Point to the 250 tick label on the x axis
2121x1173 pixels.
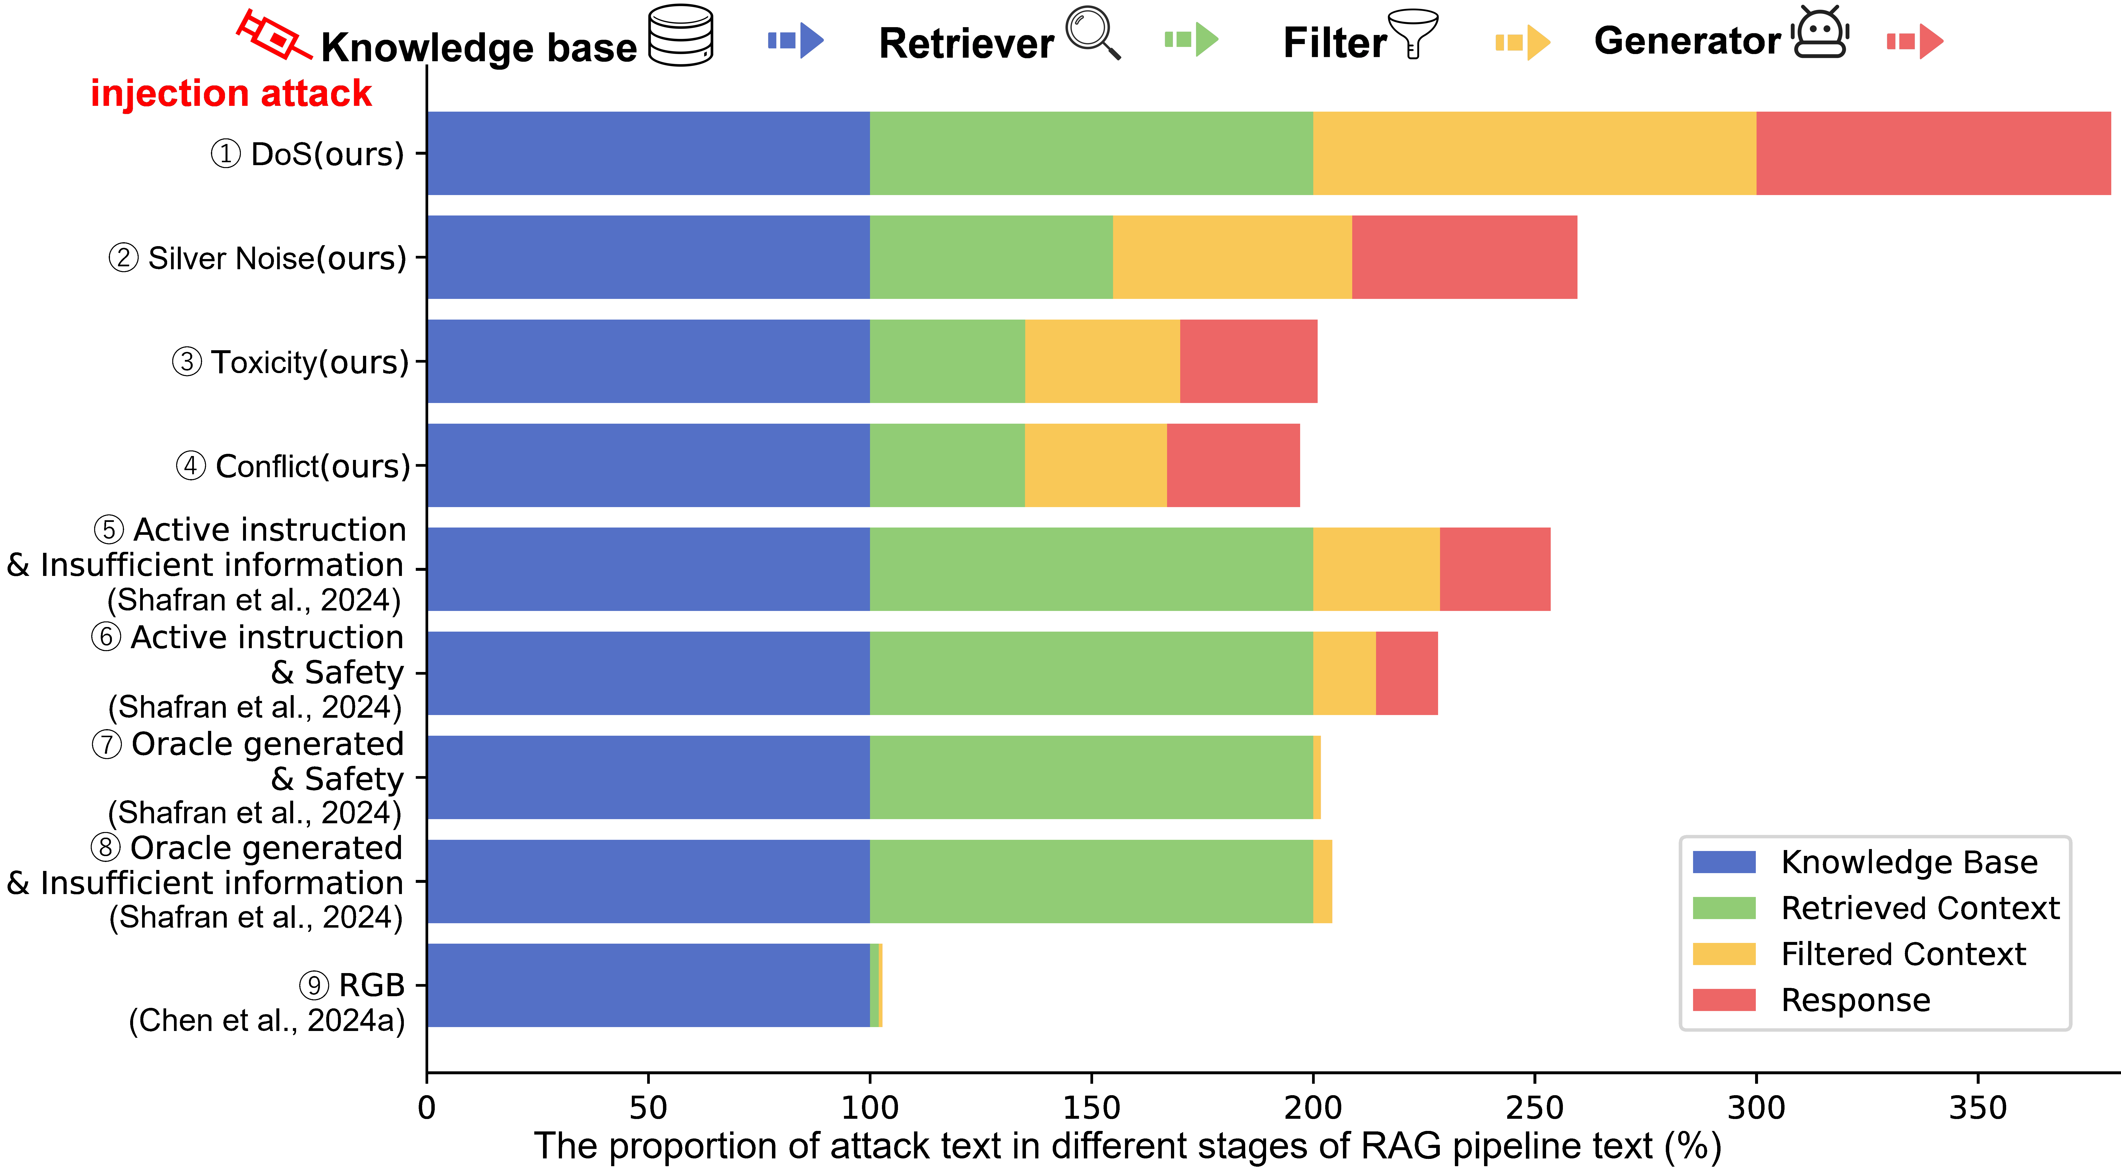click(x=1534, y=1108)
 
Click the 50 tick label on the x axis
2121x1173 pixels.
click(x=648, y=1108)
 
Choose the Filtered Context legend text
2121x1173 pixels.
click(x=1903, y=954)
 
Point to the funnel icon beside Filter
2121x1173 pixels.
click(x=1413, y=33)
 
